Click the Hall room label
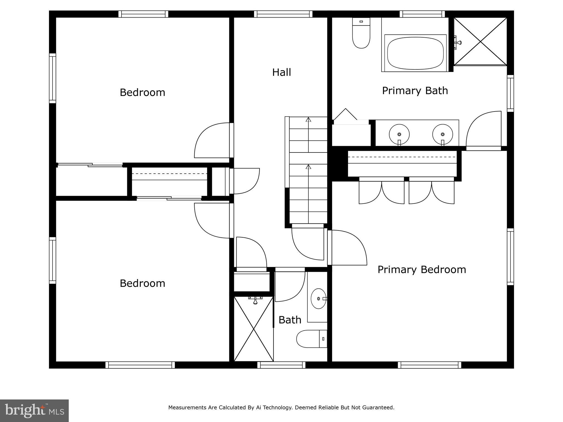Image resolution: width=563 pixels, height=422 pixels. (x=281, y=72)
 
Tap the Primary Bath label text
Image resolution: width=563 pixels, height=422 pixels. (x=415, y=91)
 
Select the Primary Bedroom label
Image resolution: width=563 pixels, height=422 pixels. (x=421, y=270)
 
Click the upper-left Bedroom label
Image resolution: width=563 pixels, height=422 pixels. (x=142, y=92)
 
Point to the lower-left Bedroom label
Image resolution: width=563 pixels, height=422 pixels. (x=142, y=283)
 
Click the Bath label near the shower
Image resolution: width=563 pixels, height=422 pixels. (x=290, y=320)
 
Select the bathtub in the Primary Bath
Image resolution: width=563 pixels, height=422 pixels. (x=415, y=53)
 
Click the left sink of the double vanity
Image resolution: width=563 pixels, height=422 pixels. (x=399, y=134)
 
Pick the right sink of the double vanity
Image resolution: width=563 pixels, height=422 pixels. (x=442, y=134)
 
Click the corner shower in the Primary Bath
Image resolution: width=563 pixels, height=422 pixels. (x=480, y=41)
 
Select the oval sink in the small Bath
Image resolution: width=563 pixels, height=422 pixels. (x=318, y=299)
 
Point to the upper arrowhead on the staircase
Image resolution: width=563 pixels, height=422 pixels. (x=308, y=120)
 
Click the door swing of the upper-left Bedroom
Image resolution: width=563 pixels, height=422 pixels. (x=212, y=141)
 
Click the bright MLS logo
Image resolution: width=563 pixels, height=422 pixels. (x=34, y=410)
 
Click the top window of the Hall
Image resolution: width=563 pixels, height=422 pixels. (x=283, y=14)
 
